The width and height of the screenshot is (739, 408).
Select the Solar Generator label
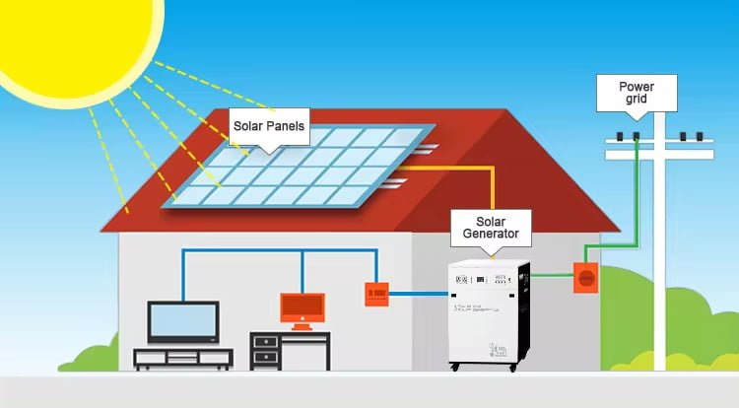click(x=491, y=226)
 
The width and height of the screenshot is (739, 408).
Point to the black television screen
click(x=182, y=321)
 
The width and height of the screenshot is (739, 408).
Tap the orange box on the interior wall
click(x=376, y=293)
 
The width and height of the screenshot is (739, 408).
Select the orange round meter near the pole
click(x=585, y=278)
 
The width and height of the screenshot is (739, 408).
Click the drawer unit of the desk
click(x=265, y=350)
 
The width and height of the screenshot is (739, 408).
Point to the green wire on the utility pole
click(x=636, y=197)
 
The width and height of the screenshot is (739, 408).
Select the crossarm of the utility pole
click(x=659, y=154)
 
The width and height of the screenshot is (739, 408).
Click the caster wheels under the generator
click(x=490, y=369)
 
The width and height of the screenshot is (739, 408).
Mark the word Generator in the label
click(x=491, y=235)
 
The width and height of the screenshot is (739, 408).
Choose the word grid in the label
click(x=637, y=102)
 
